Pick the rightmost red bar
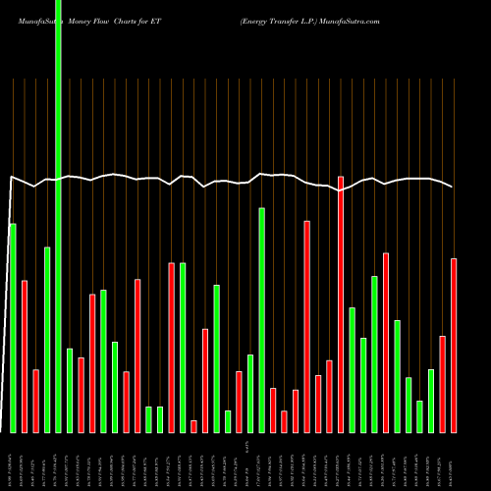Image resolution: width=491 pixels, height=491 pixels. tap(454, 345)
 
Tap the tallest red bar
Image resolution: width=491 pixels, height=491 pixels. tap(341, 304)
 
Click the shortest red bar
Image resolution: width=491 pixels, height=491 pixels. tap(193, 426)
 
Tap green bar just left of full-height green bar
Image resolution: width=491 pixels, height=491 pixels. tap(47, 339)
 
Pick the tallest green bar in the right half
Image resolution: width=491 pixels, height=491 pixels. tap(261, 320)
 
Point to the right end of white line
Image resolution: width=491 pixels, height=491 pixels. tap(453, 187)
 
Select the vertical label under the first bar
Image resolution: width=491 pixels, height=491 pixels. tap(13, 462)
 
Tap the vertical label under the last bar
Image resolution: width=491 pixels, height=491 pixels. tap(454, 462)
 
